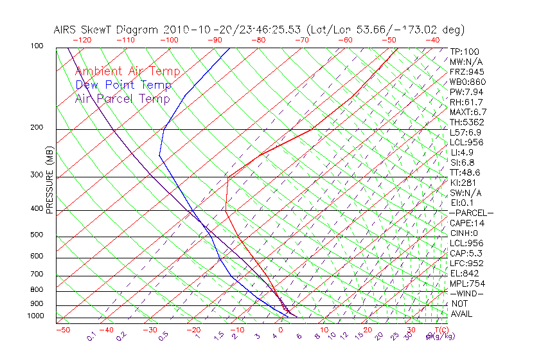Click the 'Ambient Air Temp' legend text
pyautogui.click(x=127, y=71)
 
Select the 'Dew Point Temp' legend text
pyautogui.click(x=123, y=85)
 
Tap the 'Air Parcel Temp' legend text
pyautogui.click(x=122, y=98)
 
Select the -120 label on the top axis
pyautogui.click(x=82, y=40)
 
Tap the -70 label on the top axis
pyautogui.click(x=301, y=40)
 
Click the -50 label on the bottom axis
pyautogui.click(x=62, y=330)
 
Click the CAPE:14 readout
pyautogui.click(x=466, y=223)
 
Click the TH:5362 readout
pyautogui.click(x=466, y=122)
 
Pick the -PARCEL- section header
pyautogui.click(x=471, y=213)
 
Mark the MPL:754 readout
pyautogui.click(x=466, y=283)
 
